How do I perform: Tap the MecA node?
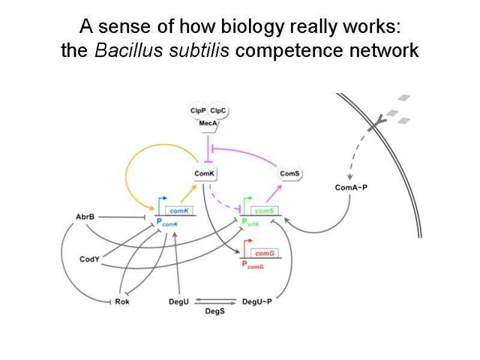(208, 123)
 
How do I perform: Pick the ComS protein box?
(290, 173)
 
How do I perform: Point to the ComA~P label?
(352, 188)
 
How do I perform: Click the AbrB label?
(85, 217)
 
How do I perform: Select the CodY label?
(89, 259)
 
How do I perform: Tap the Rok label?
(122, 302)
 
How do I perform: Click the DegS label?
(215, 311)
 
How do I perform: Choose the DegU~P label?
(257, 302)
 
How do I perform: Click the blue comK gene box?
(179, 211)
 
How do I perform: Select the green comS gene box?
(265, 211)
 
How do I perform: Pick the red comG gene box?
(265, 254)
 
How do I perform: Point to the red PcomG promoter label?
(252, 265)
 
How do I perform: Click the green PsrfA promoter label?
(250, 222)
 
